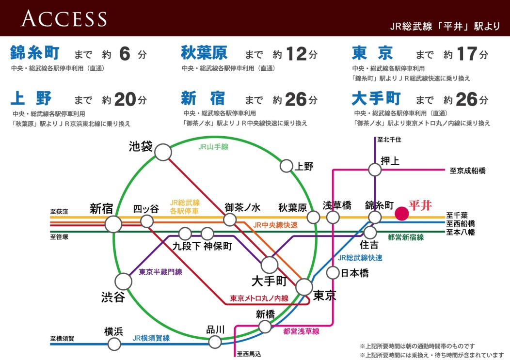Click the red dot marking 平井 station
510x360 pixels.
point(401,214)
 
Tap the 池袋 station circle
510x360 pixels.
point(163,152)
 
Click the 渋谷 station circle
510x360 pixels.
point(123,281)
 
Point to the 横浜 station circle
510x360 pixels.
point(114,344)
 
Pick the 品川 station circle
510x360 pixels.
point(215,342)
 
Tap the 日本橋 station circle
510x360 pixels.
point(333,273)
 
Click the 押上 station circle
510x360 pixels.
point(375,170)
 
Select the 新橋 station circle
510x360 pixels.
point(265,326)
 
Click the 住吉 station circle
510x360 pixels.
point(371,233)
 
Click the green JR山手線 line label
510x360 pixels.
point(213,146)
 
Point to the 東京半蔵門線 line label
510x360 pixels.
point(160,272)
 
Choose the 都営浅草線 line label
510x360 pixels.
point(301,331)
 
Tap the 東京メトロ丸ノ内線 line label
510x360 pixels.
point(259,298)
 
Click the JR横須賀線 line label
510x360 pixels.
point(151,338)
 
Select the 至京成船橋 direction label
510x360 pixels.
point(467,171)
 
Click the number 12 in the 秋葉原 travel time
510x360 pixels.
point(296,54)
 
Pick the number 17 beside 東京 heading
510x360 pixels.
point(467,54)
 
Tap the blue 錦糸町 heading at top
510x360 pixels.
point(36,53)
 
